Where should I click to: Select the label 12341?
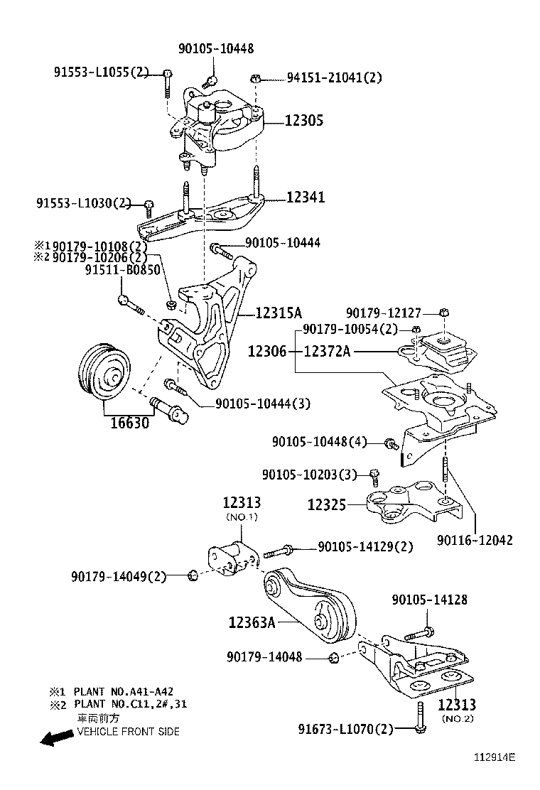click(x=306, y=197)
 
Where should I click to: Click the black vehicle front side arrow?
click(x=56, y=739)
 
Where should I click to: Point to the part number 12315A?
click(x=279, y=313)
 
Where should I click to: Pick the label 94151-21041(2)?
click(x=333, y=78)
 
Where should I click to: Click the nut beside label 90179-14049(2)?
click(x=192, y=575)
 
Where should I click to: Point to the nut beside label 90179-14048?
click(x=334, y=658)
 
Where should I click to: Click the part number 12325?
click(x=326, y=505)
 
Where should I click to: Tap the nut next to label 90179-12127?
click(x=445, y=313)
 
